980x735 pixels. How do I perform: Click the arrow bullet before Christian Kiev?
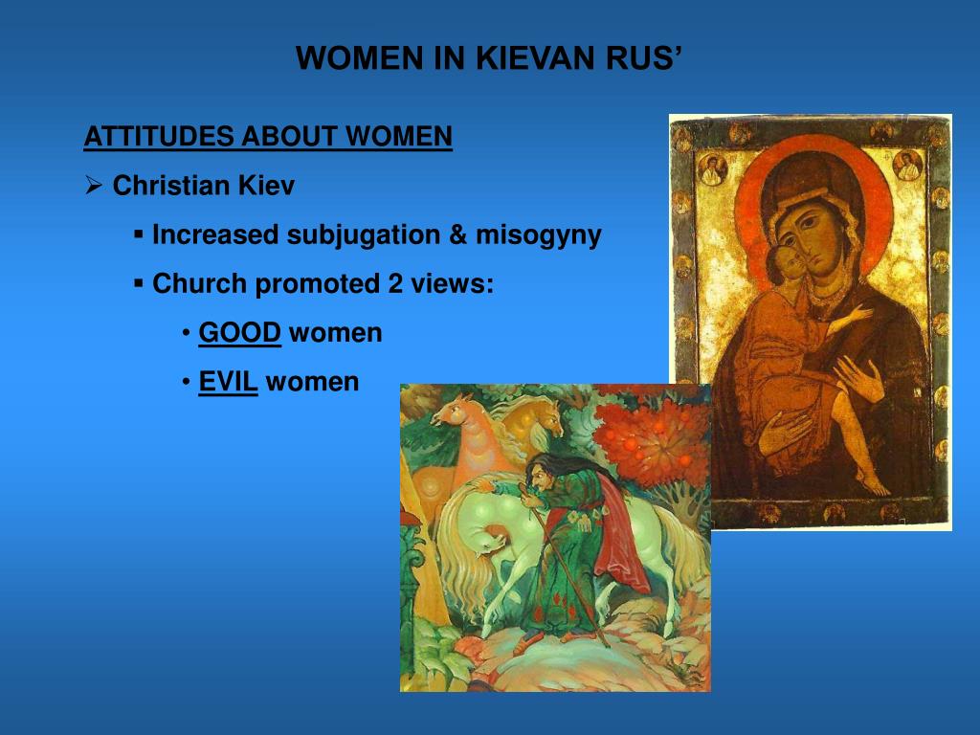point(94,186)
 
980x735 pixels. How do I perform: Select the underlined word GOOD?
point(239,333)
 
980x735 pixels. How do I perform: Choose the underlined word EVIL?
point(228,382)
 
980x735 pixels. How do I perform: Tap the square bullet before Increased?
point(139,234)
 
